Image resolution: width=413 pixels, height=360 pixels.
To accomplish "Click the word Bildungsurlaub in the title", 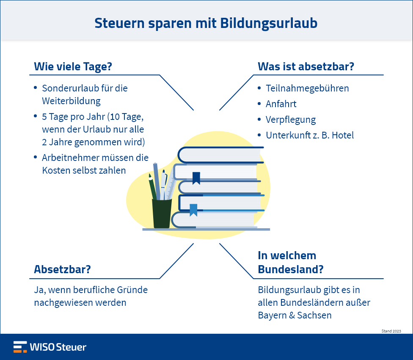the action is [269, 24].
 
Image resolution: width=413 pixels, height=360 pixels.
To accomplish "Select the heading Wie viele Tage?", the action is [73, 66].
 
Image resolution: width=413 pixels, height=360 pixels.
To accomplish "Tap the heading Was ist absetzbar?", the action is [306, 66].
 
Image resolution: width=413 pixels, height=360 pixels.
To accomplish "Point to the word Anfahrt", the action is [281, 104].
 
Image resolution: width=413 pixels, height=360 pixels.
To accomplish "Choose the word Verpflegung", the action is [291, 120].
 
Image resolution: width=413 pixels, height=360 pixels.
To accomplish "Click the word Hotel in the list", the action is [343, 135].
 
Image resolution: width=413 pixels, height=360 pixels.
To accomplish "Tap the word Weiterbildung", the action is [71, 101].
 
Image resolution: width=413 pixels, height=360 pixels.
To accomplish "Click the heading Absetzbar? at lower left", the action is [63, 269].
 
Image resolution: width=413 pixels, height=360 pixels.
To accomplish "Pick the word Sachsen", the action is [314, 315].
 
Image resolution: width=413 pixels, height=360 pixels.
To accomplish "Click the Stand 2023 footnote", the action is [391, 331].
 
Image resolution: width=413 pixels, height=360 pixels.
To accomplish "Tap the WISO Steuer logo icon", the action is [20, 347].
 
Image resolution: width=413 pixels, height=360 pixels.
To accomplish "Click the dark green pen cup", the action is [162, 213].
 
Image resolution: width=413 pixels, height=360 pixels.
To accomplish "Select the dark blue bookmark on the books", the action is [196, 178].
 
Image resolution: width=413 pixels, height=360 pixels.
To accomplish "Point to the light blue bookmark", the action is [193, 210].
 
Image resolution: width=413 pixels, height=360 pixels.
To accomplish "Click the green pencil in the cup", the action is [152, 187].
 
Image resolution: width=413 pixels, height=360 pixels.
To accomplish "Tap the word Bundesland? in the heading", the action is [291, 270].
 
